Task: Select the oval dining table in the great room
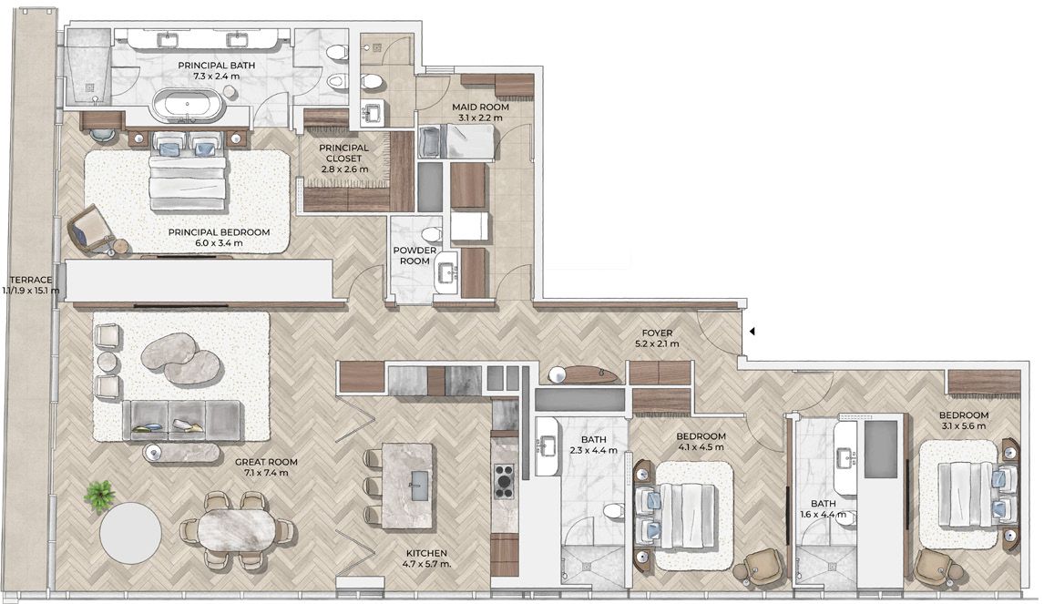[236, 529]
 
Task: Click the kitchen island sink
[419, 485]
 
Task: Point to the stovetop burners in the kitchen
[504, 480]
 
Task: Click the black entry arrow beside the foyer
[752, 331]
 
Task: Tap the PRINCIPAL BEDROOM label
[219, 232]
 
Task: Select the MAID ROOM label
[480, 107]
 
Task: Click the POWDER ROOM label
[415, 256]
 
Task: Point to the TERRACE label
[31, 280]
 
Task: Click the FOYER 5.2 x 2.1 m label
[657, 338]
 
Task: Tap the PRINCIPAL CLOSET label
[343, 153]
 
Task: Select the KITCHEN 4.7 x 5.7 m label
[426, 558]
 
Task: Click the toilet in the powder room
[431, 234]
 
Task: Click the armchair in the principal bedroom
[90, 227]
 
